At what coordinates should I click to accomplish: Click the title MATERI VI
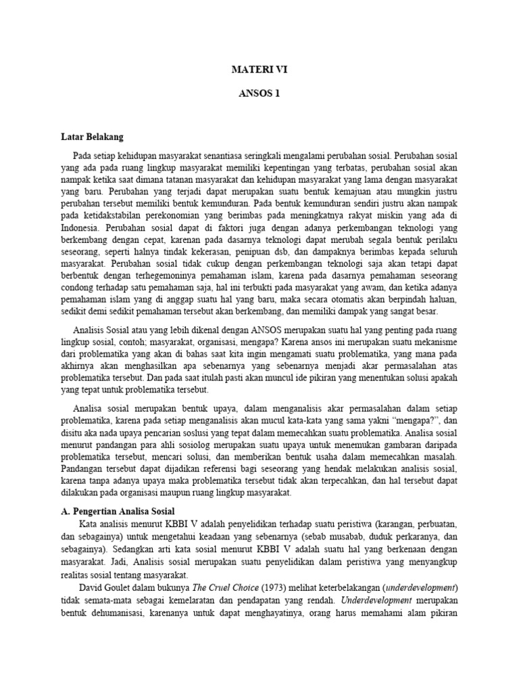pos(259,69)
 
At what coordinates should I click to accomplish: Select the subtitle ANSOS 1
pos(259,94)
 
